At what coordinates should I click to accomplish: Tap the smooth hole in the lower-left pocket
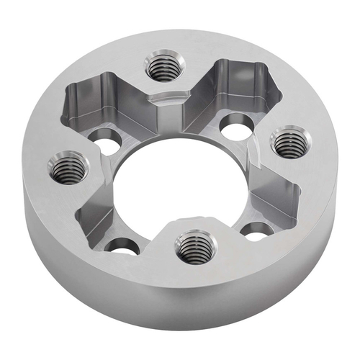[x=122, y=246]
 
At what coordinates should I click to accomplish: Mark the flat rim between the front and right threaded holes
[x=288, y=216]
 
